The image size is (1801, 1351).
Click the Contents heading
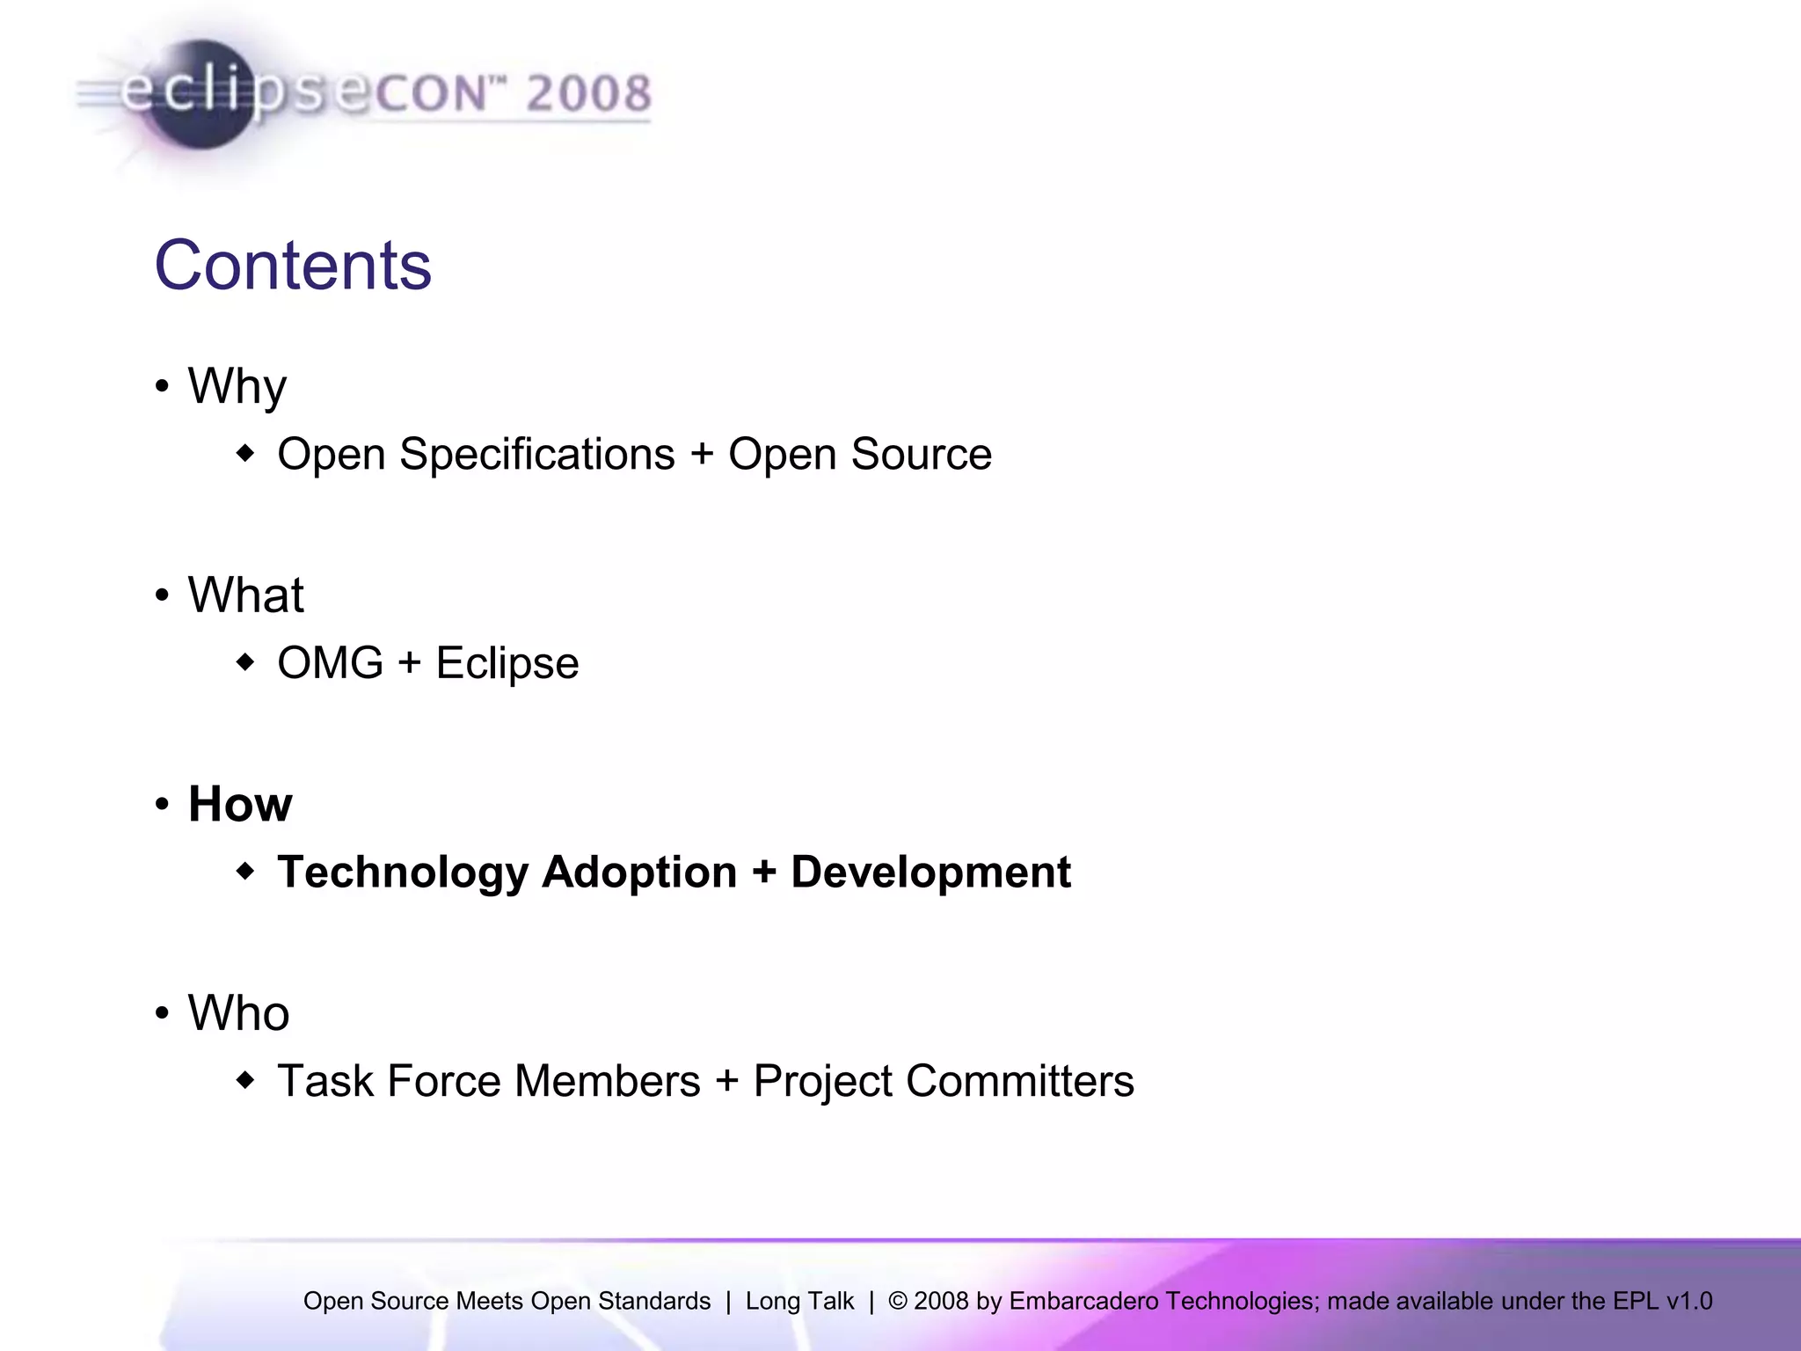pyautogui.click(x=293, y=265)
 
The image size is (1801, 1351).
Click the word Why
pyautogui.click(x=237, y=386)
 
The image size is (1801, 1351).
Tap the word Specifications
pyautogui.click(x=536, y=455)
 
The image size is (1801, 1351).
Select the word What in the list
pyautogui.click(x=245, y=595)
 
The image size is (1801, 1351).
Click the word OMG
pyautogui.click(x=330, y=663)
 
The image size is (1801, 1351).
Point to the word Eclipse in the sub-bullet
pyautogui.click(x=507, y=663)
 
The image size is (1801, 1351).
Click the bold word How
pyautogui.click(x=240, y=804)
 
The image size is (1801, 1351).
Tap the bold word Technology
pyautogui.click(x=402, y=873)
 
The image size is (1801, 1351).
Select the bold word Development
pyautogui.click(x=930, y=873)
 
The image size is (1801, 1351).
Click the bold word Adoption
pyautogui.click(x=639, y=873)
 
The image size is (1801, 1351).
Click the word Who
pyautogui.click(x=238, y=1013)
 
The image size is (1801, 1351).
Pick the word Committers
pyautogui.click(x=1020, y=1081)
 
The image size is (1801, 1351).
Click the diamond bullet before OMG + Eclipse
pyautogui.click(x=246, y=662)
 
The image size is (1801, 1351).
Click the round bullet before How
pyautogui.click(x=162, y=804)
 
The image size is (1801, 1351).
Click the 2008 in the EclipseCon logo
pyautogui.click(x=588, y=94)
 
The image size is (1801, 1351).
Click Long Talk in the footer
pyautogui.click(x=799, y=1301)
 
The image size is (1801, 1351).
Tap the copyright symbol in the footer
pyautogui.click(x=897, y=1301)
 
